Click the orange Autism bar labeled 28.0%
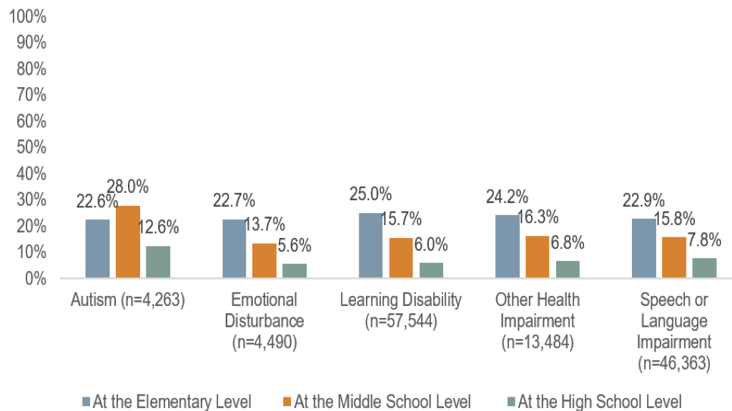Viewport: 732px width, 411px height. pos(127,242)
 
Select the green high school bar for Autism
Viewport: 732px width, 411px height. pos(158,262)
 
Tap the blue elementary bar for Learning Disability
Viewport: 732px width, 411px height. pos(371,245)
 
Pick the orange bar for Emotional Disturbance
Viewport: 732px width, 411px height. pos(264,260)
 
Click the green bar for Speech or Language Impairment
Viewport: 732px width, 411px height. pos(704,268)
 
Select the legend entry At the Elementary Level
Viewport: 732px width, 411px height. pos(167,401)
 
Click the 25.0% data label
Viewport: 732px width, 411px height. pos(370,194)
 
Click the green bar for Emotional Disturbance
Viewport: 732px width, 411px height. pos(295,271)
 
